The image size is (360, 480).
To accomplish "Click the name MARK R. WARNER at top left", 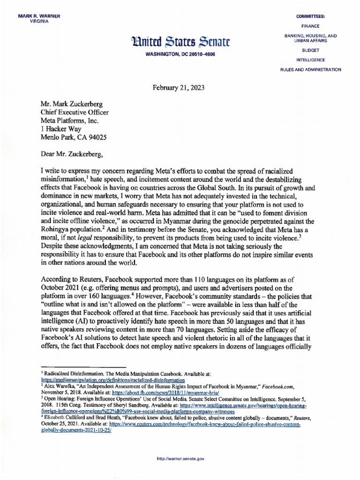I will click(39, 17).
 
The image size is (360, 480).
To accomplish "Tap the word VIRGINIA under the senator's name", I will click(39, 22).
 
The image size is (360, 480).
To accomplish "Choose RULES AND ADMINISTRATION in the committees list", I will click(310, 70).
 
